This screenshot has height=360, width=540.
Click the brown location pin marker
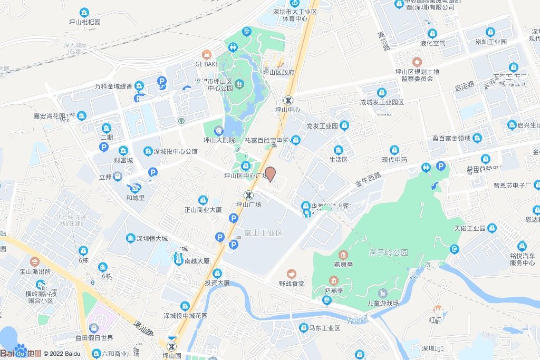point(270,173)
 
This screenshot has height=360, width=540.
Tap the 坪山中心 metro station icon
point(288,100)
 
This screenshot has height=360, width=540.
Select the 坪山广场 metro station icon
point(247,194)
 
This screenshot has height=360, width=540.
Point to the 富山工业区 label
point(264,232)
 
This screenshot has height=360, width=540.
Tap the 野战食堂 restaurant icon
point(291,274)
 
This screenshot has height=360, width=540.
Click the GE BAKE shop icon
point(206,54)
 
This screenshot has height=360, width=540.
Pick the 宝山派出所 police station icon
point(35,261)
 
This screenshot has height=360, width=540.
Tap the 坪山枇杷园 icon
point(84,13)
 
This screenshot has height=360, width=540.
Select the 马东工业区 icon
point(304,328)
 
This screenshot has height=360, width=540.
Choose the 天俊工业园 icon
point(492,228)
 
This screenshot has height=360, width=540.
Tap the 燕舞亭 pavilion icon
point(343,255)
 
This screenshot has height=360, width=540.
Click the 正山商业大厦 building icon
point(202,200)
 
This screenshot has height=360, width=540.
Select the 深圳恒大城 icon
point(130,238)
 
